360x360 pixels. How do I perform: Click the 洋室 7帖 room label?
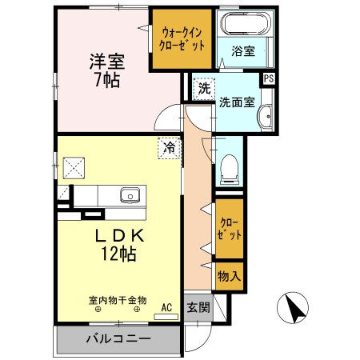pyautogui.click(x=105, y=70)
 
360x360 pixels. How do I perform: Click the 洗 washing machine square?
pyautogui.click(x=205, y=88)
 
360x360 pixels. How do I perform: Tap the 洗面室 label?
pyautogui.click(x=238, y=102)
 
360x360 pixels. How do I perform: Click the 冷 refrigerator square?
pyautogui.click(x=169, y=147)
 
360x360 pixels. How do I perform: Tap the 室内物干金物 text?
pyautogui.click(x=117, y=301)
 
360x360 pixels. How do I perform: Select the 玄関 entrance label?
pyautogui.click(x=198, y=307)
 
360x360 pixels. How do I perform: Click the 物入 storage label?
pyautogui.click(x=227, y=276)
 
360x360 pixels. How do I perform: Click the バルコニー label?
pyautogui.click(x=118, y=339)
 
